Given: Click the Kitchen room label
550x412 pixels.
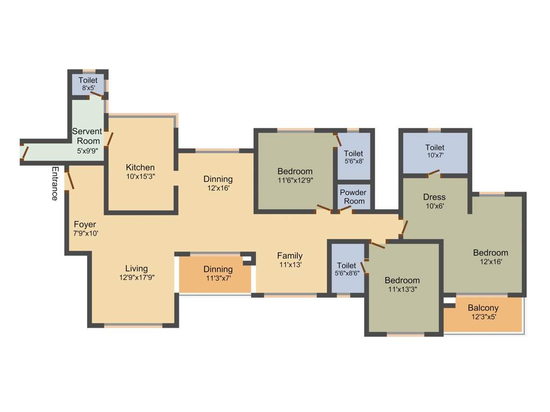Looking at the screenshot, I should coord(140,167).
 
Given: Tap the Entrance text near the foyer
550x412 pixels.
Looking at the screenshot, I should coord(55,183).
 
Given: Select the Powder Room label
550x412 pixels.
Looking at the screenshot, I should coord(353,197).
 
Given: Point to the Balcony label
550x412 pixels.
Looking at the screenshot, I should coord(483,308).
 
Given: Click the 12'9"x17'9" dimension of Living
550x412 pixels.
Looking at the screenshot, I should coord(136,277).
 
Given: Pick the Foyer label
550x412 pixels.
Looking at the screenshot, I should coord(85,224).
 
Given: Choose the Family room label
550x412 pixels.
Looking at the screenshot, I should coord(290,256).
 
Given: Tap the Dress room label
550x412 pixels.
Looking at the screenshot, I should coord(434,196).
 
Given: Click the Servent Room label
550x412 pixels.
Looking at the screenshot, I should coord(87,136).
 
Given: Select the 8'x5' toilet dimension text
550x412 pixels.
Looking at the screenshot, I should coord(88,89).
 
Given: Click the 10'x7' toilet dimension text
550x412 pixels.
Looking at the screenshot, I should coord(435,156).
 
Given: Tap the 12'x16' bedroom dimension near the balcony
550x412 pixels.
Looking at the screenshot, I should coord(490,262).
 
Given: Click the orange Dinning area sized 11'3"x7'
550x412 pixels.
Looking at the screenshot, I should coord(215,274).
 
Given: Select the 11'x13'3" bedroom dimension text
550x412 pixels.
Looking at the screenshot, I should coord(402,289).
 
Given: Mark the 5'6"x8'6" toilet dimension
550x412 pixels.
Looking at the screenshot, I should coord(346,274).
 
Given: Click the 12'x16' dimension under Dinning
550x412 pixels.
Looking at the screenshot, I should coord(218,188).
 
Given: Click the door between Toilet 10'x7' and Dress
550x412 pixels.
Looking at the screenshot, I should coord(432,173).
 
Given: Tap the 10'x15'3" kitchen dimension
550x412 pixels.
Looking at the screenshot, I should coord(140,176).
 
